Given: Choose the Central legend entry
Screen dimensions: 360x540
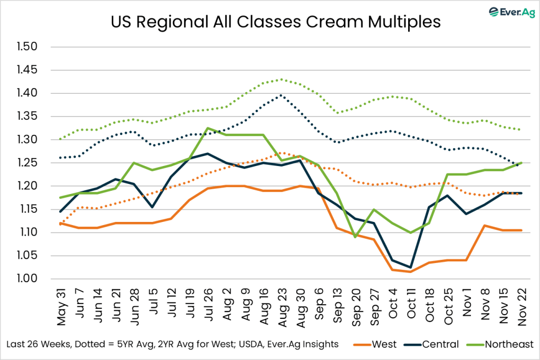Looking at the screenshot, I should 432,344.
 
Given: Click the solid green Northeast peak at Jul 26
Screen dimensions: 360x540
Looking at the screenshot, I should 194,128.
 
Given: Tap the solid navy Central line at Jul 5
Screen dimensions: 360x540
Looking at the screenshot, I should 152,207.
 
